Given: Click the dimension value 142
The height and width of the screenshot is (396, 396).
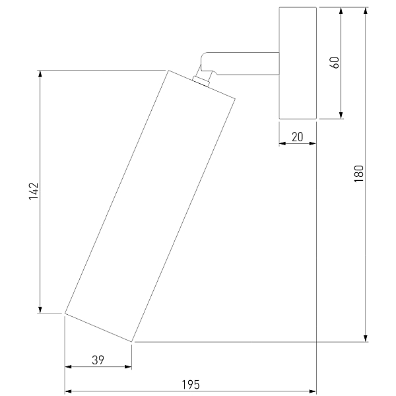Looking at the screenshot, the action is click(34, 191).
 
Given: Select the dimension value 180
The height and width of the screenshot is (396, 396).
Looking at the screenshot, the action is click(358, 174).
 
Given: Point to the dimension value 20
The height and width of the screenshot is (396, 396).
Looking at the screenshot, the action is click(297, 137).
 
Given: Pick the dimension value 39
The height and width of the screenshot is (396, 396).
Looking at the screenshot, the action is click(98, 360).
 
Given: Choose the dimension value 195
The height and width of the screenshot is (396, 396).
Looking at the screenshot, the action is click(191, 385).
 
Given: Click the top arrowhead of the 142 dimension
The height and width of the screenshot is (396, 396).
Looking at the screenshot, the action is click(40, 74).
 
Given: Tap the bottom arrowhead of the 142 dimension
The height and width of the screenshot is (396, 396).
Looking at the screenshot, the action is click(40, 310).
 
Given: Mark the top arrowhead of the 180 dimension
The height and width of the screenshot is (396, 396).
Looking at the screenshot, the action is click(366, 11).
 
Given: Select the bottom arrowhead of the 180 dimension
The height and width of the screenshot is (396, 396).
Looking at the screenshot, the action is click(366, 339).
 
